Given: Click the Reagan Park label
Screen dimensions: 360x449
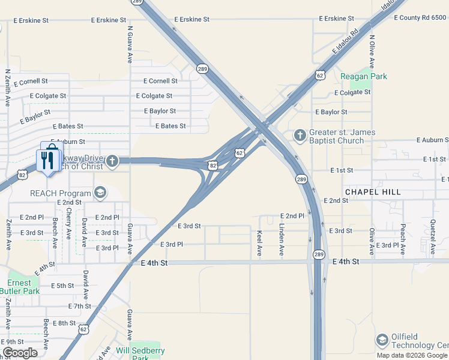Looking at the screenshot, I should click(364, 76).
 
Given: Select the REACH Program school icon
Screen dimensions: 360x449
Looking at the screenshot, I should click(100, 193).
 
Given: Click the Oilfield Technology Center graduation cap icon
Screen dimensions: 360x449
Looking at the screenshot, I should click(382, 340).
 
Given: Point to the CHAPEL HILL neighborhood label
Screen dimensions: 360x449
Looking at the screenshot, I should click(372, 192).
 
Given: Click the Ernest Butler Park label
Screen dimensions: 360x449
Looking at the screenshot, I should click(23, 287).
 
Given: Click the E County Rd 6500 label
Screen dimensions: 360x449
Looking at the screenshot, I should click(420, 18).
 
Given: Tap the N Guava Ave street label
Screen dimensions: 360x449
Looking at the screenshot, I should click(130, 44).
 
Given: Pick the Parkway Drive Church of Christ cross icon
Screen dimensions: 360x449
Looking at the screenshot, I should click(112, 160).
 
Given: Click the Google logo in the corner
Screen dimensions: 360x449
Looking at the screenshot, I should click(20, 352).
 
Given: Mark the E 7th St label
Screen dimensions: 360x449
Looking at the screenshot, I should click(79, 306).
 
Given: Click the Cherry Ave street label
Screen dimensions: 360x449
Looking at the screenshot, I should click(70, 222).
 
